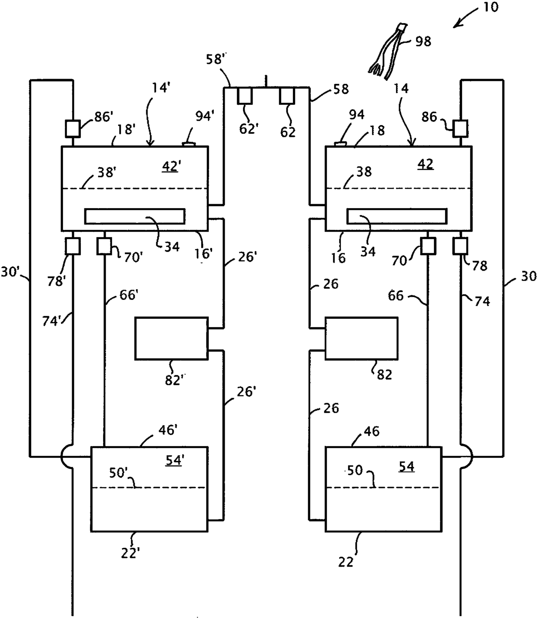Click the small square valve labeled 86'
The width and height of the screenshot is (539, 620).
(x=73, y=129)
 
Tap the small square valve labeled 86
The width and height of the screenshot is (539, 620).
(x=460, y=129)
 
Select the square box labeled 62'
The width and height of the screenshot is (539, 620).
(x=245, y=96)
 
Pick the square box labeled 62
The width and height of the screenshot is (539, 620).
(x=287, y=96)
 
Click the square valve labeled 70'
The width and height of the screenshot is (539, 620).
(x=104, y=246)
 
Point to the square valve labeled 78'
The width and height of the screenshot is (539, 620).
(x=73, y=246)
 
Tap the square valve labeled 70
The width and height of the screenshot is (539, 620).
(x=428, y=246)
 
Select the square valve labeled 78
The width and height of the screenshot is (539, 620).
(x=460, y=246)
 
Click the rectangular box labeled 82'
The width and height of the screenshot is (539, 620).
(x=172, y=338)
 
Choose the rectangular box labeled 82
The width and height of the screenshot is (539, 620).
(x=361, y=338)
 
